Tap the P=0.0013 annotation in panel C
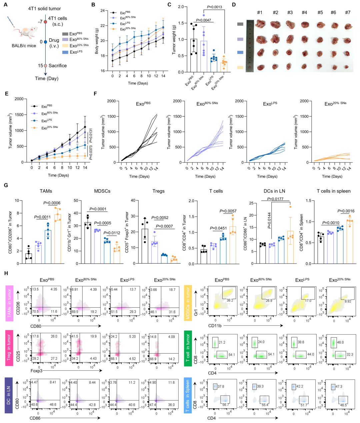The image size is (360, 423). tap(214, 7)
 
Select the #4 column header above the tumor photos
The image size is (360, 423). tap(304, 13)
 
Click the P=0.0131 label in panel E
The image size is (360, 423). tap(91, 135)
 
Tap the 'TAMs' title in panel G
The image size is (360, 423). tap(46, 191)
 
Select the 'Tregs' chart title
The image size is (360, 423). tap(158, 191)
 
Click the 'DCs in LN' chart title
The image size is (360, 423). tap(274, 191)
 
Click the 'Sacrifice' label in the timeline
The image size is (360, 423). tap(58, 66)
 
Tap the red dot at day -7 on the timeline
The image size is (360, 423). tap(45, 22)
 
